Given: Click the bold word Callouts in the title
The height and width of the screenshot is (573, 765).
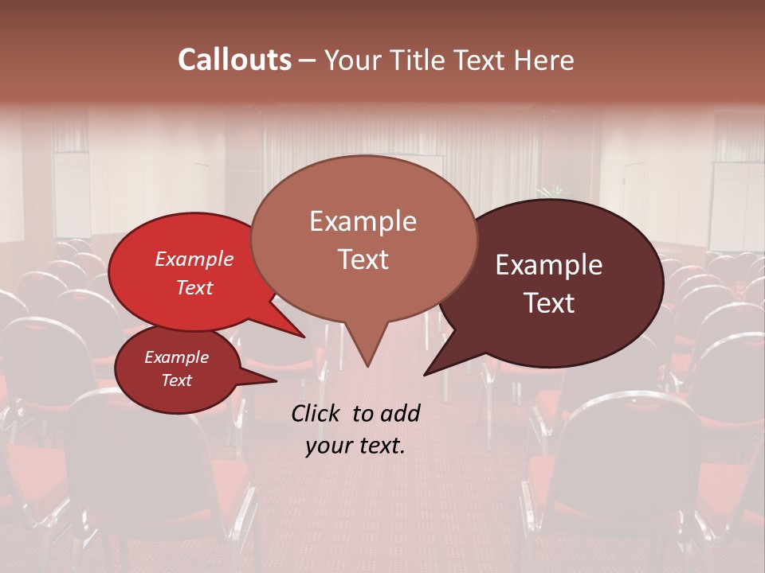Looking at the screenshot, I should point(234,60).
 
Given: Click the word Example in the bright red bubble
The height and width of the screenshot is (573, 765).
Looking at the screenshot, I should point(194,259).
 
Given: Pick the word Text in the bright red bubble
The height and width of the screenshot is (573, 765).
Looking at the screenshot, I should point(194,287).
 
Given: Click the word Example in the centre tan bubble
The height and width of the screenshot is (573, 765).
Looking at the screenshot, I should point(363,221).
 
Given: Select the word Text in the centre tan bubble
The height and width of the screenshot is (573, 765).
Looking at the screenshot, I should point(363,259).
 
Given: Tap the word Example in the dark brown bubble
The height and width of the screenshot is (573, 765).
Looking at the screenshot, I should point(549,265).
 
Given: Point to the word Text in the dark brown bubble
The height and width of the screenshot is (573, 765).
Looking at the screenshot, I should point(549,302).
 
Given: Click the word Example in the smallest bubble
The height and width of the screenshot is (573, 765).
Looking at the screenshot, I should point(176,357).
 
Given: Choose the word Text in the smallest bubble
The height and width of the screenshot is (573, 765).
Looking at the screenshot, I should point(176,380).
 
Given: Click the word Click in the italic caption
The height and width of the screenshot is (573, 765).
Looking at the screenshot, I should point(316,413).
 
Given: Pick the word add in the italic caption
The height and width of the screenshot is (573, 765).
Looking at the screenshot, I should point(400,413).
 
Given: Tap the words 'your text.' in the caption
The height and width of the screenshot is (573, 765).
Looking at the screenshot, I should point(355,446).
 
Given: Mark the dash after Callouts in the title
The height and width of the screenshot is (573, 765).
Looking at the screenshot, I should point(308,60).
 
